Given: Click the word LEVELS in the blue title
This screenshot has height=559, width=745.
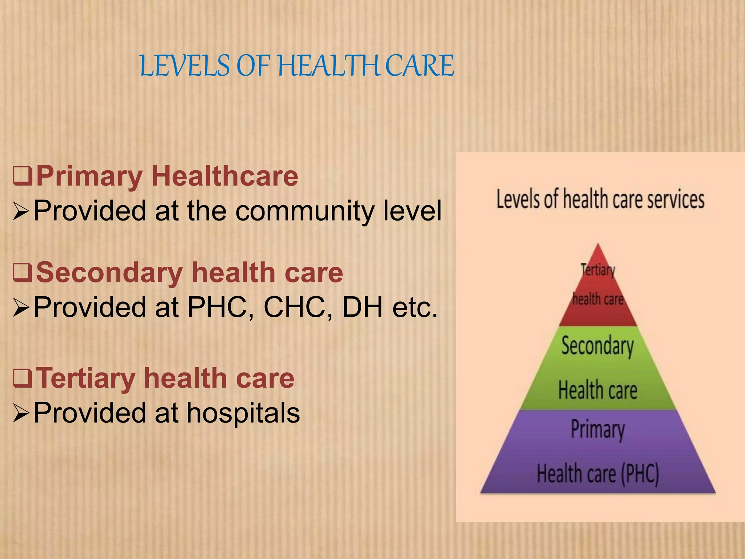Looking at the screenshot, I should (185, 66).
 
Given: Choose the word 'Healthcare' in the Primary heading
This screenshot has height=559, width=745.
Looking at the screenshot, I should (227, 176).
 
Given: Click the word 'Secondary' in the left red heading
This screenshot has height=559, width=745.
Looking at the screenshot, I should (109, 273).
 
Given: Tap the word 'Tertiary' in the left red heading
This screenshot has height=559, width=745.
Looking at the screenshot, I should (86, 378).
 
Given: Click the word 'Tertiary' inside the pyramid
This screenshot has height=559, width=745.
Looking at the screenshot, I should (598, 270).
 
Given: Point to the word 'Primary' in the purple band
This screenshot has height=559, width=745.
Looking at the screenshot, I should (598, 429).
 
